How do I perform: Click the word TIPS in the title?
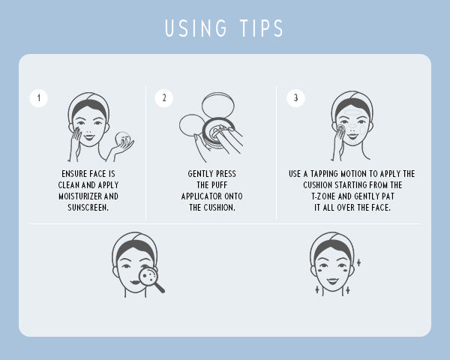coord(259,28)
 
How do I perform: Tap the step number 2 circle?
coord(163,97)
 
